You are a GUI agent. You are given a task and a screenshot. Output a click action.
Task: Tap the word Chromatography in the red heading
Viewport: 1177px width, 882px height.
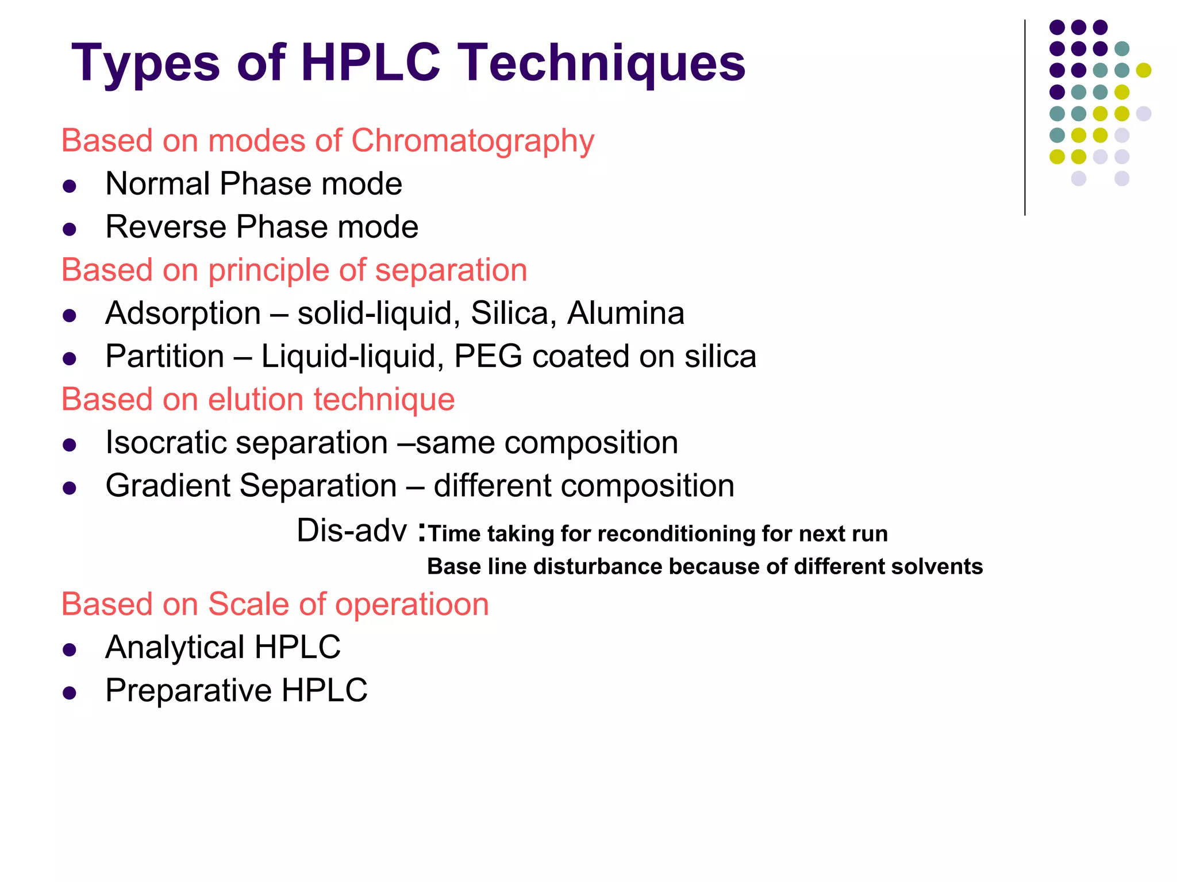[472, 141]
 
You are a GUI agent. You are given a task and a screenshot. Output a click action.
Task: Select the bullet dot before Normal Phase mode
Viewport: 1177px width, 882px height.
[70, 186]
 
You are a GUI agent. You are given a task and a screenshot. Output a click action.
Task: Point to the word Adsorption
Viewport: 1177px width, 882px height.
[183, 314]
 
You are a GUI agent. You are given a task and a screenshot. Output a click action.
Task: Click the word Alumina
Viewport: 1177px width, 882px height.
[625, 314]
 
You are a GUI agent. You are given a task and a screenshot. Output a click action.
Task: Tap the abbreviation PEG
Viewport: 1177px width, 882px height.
[488, 357]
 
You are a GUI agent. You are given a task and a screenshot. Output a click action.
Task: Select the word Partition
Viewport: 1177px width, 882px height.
[165, 357]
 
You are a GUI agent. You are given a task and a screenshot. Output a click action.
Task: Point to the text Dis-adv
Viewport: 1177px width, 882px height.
[351, 531]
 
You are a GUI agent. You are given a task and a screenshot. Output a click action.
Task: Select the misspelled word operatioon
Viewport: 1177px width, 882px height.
[411, 605]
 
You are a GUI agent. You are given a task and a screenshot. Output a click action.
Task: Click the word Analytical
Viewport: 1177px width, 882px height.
[175, 648]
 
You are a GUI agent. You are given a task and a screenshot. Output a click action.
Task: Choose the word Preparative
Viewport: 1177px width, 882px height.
[188, 691]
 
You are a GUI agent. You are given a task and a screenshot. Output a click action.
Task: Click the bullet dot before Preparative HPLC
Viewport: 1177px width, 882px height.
[70, 693]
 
